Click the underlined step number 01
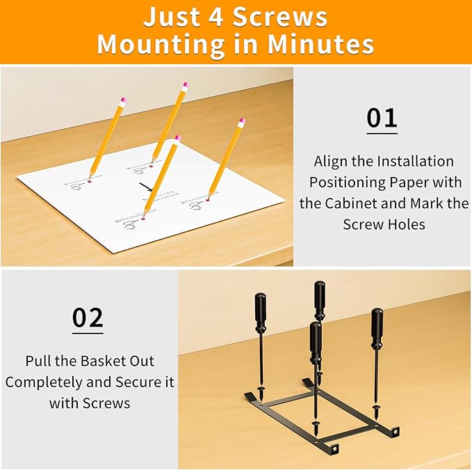pos(382,118)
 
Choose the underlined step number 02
pos(88,318)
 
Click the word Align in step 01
pos(331,162)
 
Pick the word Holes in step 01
pos(405,224)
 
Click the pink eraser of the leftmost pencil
pos(123,101)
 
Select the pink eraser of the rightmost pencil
pos(242,123)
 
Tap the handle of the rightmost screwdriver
pos(377,327)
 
